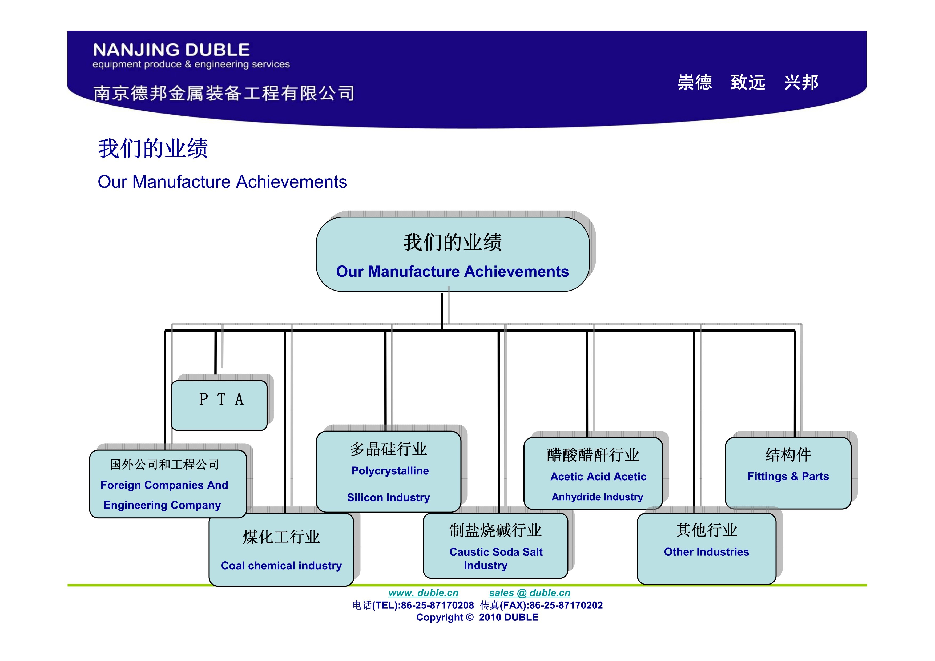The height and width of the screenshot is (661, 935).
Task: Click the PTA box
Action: [x=219, y=405]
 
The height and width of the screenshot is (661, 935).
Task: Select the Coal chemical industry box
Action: [x=281, y=549]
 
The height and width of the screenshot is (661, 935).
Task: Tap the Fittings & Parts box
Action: [x=788, y=473]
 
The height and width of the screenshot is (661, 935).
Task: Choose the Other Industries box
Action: [x=707, y=549]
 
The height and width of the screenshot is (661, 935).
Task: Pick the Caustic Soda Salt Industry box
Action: [x=495, y=545]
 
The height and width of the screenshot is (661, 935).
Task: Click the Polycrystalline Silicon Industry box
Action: [x=389, y=471]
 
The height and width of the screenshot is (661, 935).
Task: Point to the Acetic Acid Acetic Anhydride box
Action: [x=593, y=473]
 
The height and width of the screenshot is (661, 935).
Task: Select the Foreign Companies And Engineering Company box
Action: [x=168, y=484]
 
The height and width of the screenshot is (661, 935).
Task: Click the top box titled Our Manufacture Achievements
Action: [x=452, y=254]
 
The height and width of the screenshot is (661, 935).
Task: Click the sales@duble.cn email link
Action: [x=529, y=593]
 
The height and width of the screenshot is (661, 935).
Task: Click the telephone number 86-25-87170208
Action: [x=437, y=605]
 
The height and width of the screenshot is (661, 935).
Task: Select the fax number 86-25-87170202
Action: [x=566, y=605]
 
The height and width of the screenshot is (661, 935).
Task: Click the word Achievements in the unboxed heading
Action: [x=292, y=182]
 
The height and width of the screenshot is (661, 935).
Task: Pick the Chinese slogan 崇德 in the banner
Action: [x=695, y=82]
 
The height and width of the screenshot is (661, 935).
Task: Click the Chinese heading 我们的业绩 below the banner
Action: [x=153, y=148]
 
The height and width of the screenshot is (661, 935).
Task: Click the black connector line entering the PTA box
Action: [x=215, y=352]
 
